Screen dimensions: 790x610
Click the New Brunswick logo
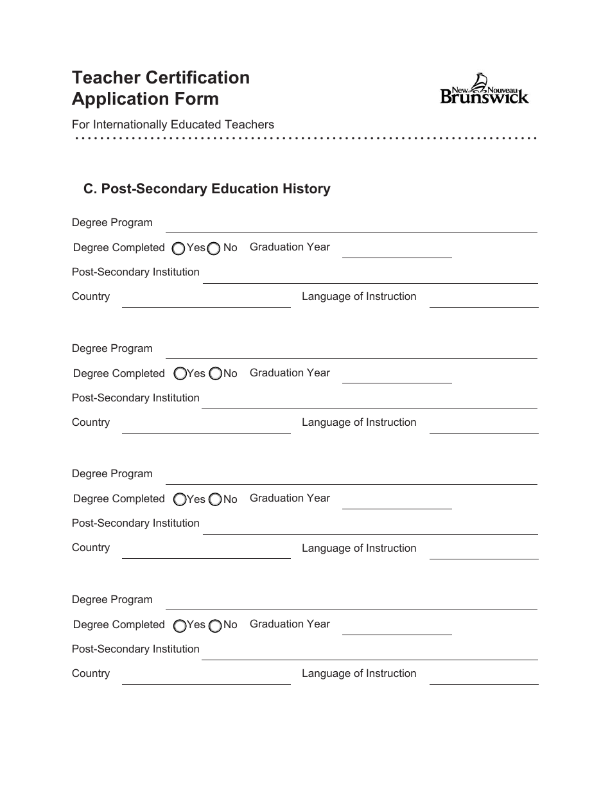click(x=484, y=89)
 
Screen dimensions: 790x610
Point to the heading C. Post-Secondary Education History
click(x=207, y=189)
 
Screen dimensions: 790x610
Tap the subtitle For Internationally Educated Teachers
click(x=173, y=125)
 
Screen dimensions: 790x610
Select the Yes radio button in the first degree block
click(x=180, y=248)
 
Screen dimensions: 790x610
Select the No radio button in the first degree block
click(x=214, y=248)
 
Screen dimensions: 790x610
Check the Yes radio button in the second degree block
click(x=180, y=373)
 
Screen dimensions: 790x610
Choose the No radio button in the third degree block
click(x=214, y=499)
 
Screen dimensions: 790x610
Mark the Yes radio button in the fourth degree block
click(x=180, y=625)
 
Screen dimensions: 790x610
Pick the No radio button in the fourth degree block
click(x=214, y=625)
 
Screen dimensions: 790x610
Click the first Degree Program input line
click(x=351, y=226)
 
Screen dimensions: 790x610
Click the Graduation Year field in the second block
click(x=397, y=376)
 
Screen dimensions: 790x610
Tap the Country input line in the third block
click(x=206, y=552)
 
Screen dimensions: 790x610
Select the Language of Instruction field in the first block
click(x=484, y=301)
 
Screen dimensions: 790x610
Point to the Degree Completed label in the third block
click(x=119, y=499)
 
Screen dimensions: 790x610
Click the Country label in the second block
click(x=91, y=423)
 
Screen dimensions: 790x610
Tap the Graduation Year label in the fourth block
click(x=290, y=624)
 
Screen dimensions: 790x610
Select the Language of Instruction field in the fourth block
click(x=484, y=678)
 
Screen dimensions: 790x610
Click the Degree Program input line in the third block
click(x=351, y=477)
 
